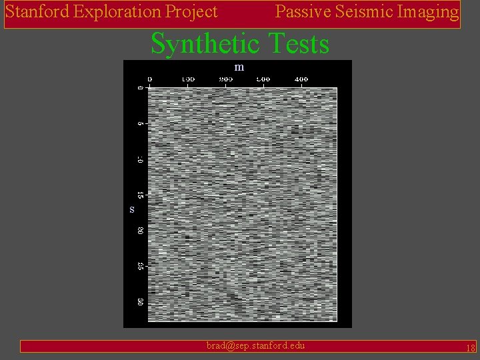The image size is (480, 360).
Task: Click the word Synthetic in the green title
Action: coord(207,44)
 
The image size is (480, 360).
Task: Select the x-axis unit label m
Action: coord(239,67)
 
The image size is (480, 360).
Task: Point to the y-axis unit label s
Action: coord(132,209)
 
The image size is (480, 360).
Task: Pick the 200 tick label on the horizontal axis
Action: coord(225,79)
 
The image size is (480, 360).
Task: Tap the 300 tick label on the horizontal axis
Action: coord(263,79)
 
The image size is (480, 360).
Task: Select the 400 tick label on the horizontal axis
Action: coord(301,79)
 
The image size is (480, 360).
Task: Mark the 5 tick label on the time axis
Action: coord(140,123)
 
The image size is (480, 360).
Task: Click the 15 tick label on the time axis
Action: coord(140,195)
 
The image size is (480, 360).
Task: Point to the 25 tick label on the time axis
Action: coord(140,266)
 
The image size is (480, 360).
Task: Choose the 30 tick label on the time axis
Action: coord(140,302)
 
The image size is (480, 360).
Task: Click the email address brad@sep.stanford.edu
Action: coord(256,345)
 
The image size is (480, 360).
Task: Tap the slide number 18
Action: coord(470,347)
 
